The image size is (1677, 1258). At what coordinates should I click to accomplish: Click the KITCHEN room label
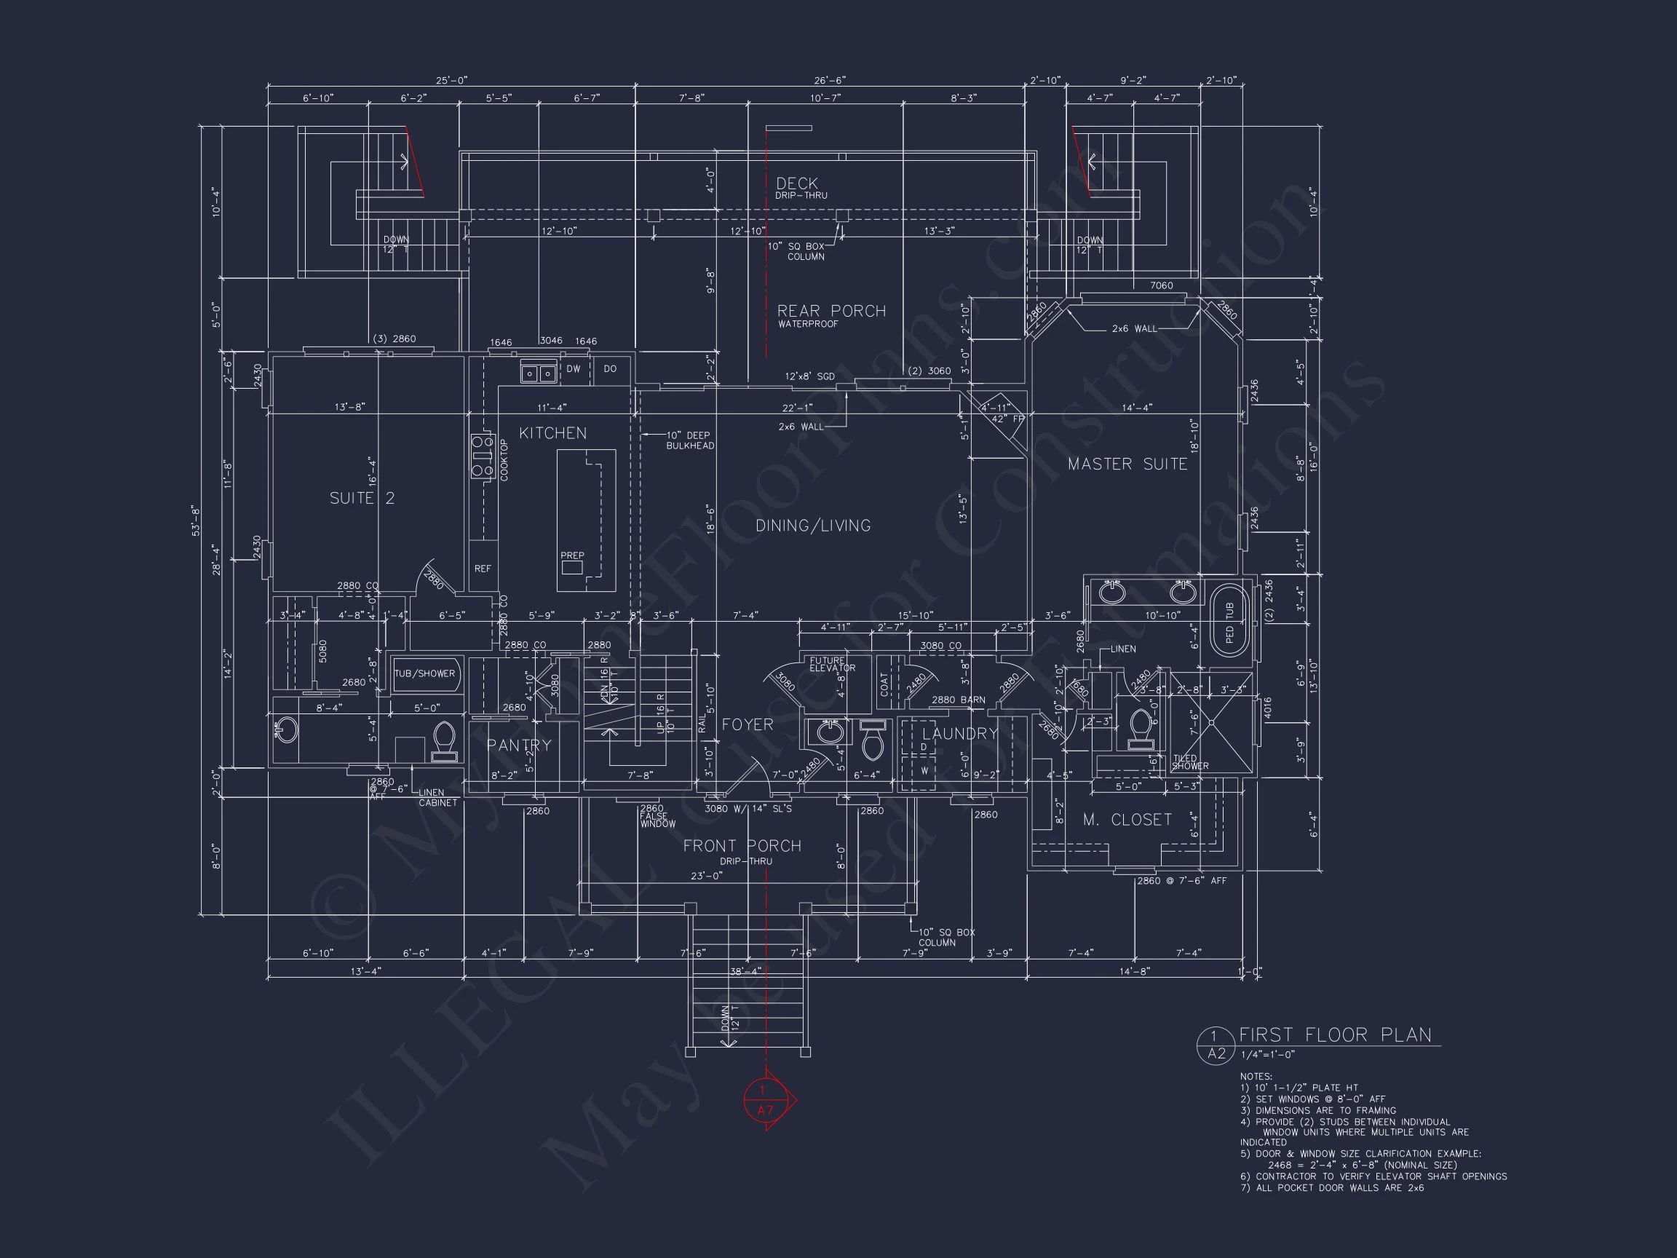pyautogui.click(x=552, y=433)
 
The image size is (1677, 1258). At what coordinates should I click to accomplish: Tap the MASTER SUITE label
pyautogui.click(x=1127, y=464)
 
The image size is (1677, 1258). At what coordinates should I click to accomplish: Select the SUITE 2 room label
pyautogui.click(x=362, y=498)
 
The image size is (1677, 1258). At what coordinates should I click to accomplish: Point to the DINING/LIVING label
pyautogui.click(x=813, y=526)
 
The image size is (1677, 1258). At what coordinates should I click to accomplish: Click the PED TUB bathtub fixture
pyautogui.click(x=1229, y=621)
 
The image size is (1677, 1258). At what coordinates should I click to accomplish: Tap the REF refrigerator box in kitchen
pyautogui.click(x=482, y=568)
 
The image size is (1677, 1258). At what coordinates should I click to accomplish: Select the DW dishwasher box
pyautogui.click(x=573, y=369)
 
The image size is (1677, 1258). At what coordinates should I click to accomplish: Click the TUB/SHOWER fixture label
pyautogui.click(x=424, y=673)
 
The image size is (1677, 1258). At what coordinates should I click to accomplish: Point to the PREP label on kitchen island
pyautogui.click(x=571, y=555)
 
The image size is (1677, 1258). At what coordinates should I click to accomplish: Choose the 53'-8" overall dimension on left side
pyautogui.click(x=196, y=521)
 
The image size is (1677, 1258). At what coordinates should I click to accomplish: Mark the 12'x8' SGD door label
pyautogui.click(x=809, y=376)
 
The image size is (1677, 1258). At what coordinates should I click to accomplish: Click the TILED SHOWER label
pyautogui.click(x=1189, y=762)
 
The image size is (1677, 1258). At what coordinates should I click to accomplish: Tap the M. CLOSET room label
pyautogui.click(x=1127, y=820)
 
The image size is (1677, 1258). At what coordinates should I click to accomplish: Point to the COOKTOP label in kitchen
pyautogui.click(x=504, y=459)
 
